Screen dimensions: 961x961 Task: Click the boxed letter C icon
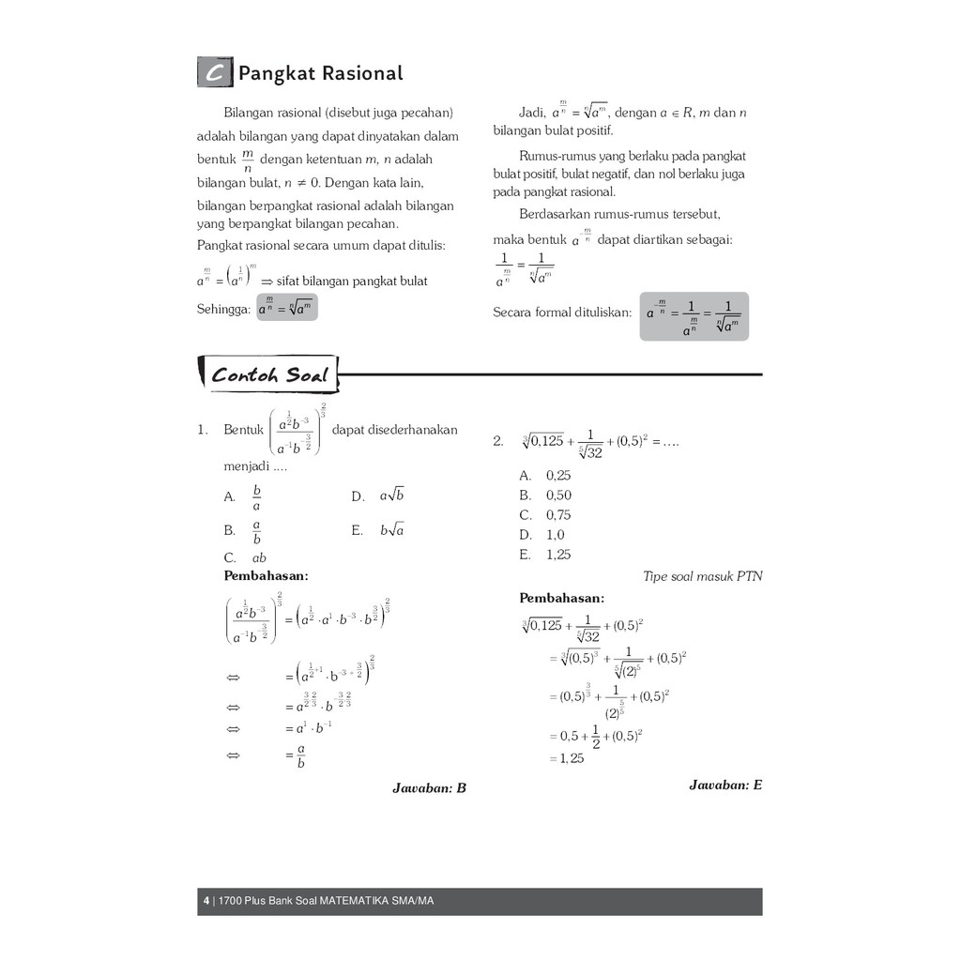pyautogui.click(x=215, y=73)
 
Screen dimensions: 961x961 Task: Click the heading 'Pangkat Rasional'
pyautogui.click(x=320, y=73)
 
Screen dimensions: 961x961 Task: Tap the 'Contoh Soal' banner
pyautogui.click(x=269, y=375)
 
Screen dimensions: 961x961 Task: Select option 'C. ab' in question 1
pyautogui.click(x=245, y=557)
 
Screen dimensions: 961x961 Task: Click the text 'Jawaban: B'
pyautogui.click(x=429, y=788)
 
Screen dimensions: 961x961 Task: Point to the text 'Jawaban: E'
pyautogui.click(x=725, y=785)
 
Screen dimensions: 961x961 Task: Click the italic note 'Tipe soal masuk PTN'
pyautogui.click(x=703, y=576)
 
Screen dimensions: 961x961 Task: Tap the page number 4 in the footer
pyautogui.click(x=206, y=902)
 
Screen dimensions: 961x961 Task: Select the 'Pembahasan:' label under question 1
pyautogui.click(x=266, y=575)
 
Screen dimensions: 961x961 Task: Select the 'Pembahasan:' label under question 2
pyautogui.click(x=562, y=598)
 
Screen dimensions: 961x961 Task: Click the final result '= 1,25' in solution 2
pyautogui.click(x=566, y=758)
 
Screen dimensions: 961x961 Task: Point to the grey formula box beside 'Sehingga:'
pyautogui.click(x=286, y=307)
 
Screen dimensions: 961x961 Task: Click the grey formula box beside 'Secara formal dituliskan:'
pyautogui.click(x=694, y=316)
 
